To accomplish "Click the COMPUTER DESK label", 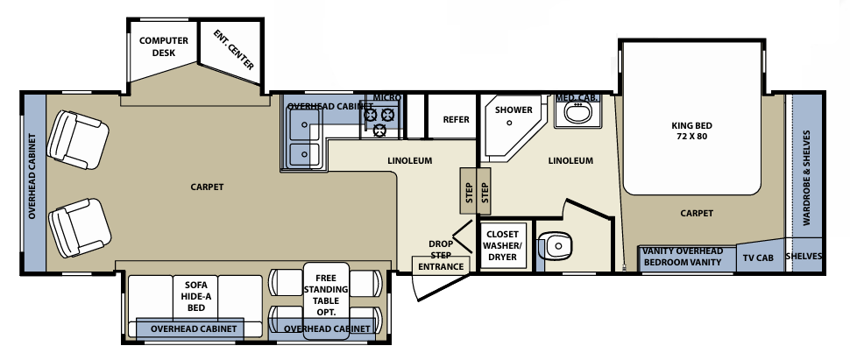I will point(158,46).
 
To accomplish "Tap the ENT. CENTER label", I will point(233,50).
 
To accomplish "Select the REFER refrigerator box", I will point(456,119).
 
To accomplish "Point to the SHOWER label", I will point(513,110).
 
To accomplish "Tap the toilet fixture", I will point(555,246).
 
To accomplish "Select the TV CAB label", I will point(758,258).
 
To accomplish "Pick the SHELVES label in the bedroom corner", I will point(804,257).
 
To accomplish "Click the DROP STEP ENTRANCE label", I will point(440,254).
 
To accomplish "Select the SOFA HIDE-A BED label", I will point(195,296).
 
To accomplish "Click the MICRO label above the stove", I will point(386,97).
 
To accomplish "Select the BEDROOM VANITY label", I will point(682,262).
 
